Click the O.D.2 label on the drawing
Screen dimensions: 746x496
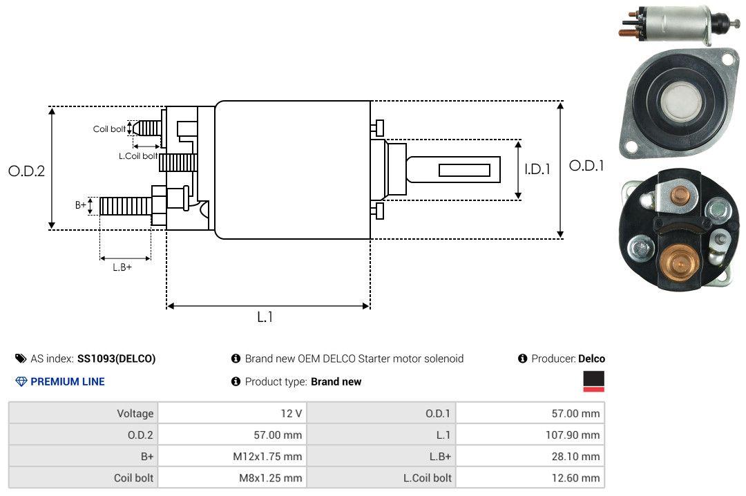[27, 171]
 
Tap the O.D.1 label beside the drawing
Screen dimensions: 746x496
[586, 166]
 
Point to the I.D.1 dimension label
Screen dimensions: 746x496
[537, 169]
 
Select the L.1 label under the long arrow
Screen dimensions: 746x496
[265, 317]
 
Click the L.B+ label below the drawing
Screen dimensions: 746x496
[122, 267]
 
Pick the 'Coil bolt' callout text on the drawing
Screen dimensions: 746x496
[109, 129]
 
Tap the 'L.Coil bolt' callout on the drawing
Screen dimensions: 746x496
[138, 155]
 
